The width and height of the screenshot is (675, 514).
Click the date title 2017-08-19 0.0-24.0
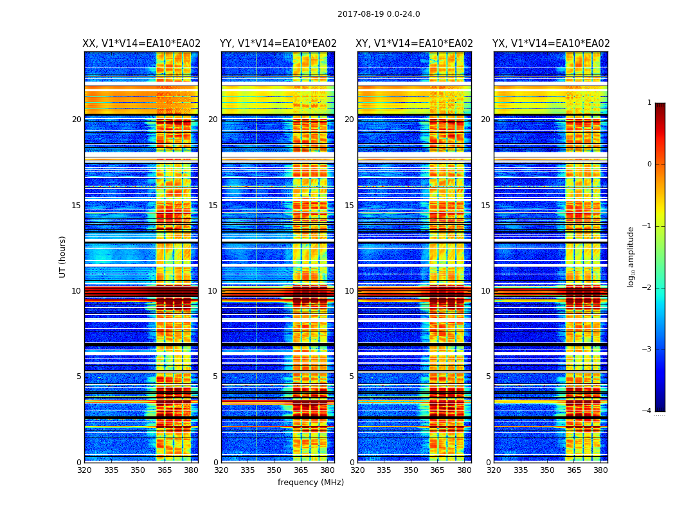379,14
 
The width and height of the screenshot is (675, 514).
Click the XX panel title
141,44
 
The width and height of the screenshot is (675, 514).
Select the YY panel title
278,44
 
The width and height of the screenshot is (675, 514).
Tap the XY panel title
415,44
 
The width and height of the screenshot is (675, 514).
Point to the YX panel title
551,44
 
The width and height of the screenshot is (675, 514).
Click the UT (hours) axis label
62,256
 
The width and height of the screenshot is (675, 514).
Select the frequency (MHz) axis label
310,483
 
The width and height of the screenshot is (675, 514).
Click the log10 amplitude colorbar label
631,256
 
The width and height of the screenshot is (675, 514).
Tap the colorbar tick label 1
649,103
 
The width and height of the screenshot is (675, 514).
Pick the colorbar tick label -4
647,411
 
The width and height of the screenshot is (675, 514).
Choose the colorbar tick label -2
647,288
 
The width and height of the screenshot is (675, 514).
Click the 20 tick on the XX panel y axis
76,120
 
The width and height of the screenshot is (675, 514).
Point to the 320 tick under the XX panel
84,470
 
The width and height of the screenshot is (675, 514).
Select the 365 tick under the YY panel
301,470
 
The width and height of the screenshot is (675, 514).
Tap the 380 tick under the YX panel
600,470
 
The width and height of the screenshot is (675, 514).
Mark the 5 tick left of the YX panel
489,377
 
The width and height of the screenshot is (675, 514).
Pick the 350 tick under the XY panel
411,470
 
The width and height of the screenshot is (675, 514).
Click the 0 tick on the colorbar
649,164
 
